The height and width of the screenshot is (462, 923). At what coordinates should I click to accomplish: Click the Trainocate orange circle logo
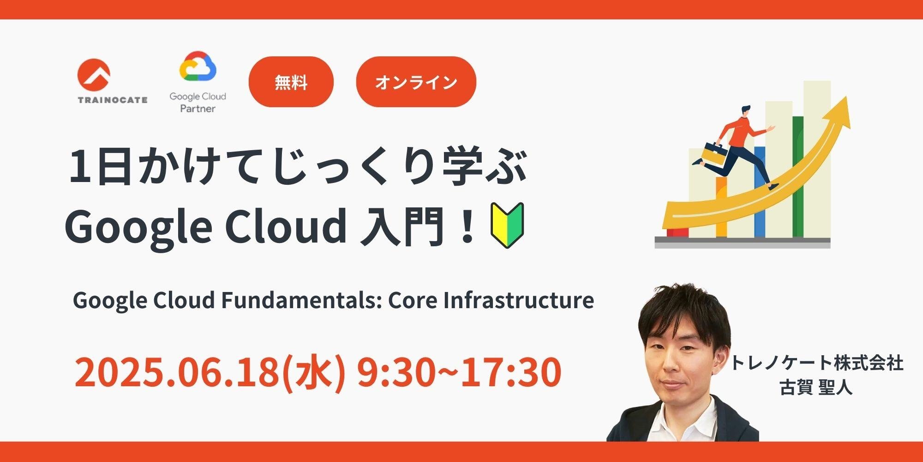pos(94,75)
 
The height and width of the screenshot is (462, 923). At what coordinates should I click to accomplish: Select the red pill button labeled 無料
pos(291,82)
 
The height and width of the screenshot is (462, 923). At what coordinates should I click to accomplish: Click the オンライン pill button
pos(416,82)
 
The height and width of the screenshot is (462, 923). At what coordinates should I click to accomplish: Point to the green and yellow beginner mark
pos(507,225)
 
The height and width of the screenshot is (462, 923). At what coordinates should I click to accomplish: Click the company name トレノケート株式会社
pos(816,363)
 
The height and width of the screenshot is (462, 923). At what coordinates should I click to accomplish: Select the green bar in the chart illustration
pos(798,176)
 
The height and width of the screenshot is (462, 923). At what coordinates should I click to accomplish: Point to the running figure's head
pos(745,111)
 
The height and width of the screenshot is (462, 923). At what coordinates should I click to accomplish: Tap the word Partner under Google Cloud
pos(198,109)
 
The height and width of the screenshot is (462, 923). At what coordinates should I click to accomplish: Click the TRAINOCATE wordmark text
pos(113,100)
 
